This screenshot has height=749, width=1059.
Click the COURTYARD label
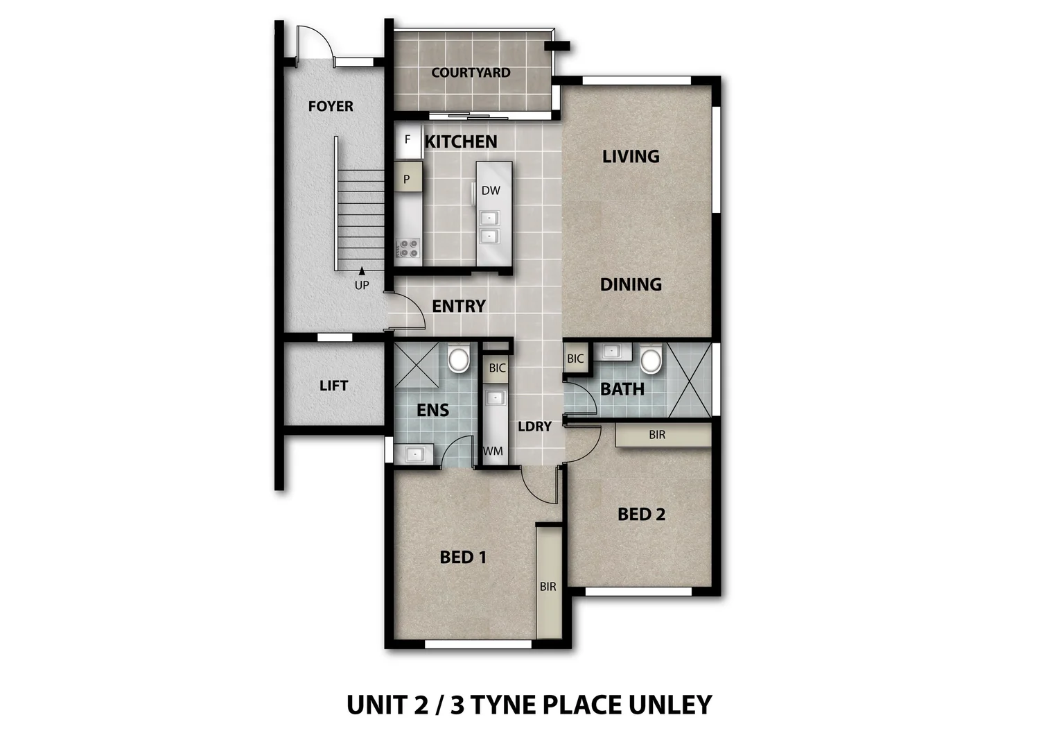pos(471,72)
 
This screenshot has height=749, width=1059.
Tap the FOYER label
pos(331,106)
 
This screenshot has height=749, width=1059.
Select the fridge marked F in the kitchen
pos(408,139)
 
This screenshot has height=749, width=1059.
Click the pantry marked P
pos(407,179)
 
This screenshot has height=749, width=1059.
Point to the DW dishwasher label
pos(491,190)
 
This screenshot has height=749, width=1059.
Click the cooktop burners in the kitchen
pos(408,248)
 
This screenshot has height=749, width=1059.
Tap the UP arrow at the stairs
pos(362,271)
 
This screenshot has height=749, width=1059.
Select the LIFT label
pos(333,386)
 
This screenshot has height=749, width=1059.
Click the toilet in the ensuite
pos(458,359)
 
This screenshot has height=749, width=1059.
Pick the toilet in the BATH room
pos(651,360)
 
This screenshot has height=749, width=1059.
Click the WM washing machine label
pos(493,451)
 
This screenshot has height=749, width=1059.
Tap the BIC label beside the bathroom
pos(575,359)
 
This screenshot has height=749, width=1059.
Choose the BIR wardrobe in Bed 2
pos(657,435)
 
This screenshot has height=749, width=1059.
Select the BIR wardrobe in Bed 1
pos(548,587)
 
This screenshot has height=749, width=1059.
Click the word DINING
pos(631,284)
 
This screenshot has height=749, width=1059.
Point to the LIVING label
pos(631,156)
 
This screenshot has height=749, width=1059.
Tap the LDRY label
pos(534,427)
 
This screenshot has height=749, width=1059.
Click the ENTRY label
pos(459,306)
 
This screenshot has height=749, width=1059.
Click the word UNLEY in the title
pos(669,705)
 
